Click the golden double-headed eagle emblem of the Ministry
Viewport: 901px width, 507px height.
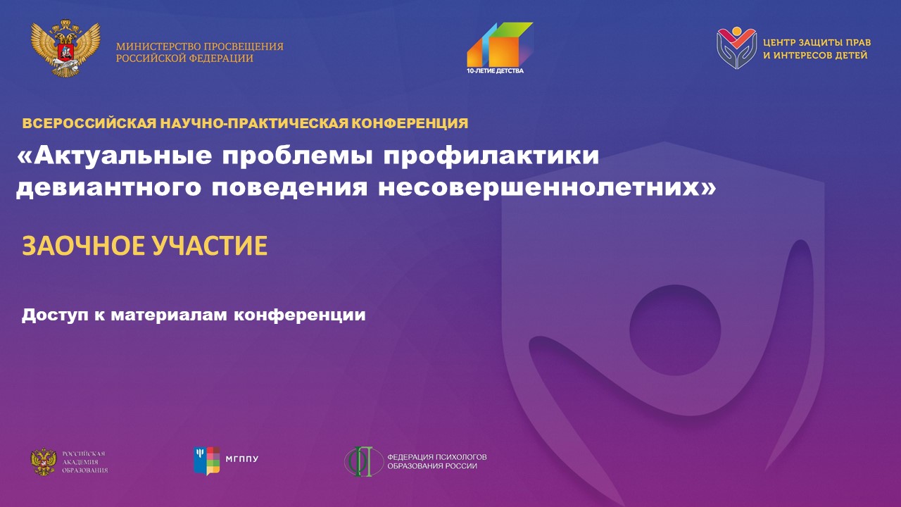65,48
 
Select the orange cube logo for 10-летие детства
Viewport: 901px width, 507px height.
500,44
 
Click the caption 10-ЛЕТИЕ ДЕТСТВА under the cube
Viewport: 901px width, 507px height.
495,71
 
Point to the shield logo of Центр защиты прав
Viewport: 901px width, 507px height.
736,47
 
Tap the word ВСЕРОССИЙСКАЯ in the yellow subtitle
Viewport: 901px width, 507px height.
89,123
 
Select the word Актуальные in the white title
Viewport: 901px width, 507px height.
114,156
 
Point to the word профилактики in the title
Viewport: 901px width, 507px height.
491,156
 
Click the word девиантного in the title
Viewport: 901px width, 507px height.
108,188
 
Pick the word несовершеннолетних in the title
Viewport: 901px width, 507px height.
547,188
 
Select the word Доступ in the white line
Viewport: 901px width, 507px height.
55,315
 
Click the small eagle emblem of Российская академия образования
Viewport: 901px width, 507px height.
44,461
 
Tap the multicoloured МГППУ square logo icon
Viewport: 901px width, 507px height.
207,461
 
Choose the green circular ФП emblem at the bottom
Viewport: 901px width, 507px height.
364,461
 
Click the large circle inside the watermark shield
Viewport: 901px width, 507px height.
675,330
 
